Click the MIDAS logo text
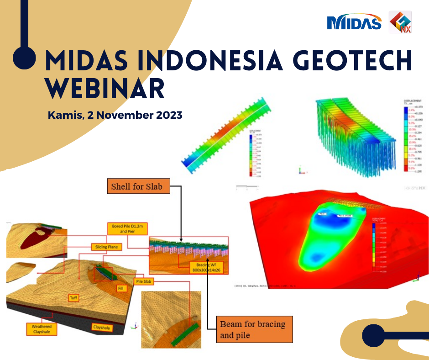(354, 22)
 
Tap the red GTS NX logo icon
(400, 22)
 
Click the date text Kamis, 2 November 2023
(115, 115)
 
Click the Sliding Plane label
(108, 246)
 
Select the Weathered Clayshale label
(41, 329)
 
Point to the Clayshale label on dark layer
(102, 328)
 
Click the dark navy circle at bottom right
(373, 337)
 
